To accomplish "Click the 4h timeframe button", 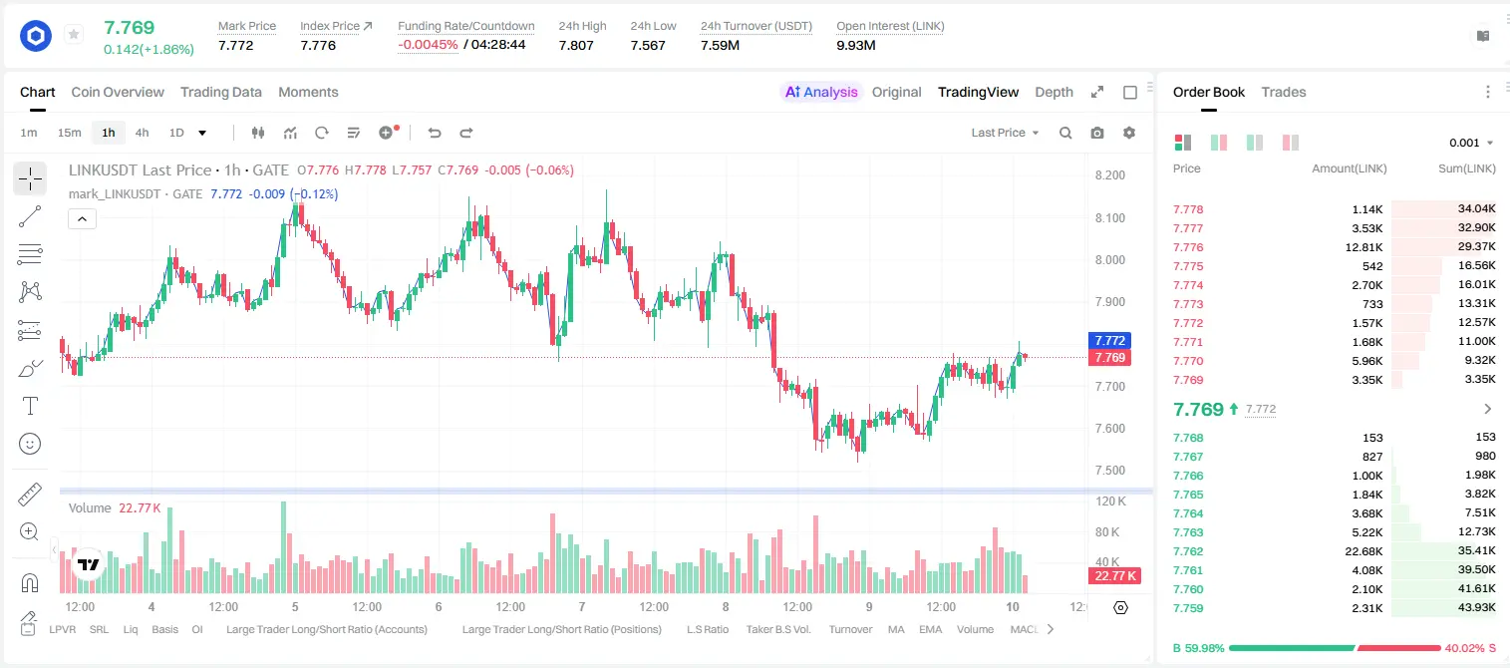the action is coord(142,133).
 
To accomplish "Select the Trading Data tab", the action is coord(220,92).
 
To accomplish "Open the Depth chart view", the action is coord(1054,92).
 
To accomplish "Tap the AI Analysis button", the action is coord(821,92).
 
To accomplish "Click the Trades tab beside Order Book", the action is coord(1283,92).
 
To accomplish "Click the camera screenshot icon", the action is coord(1096,133).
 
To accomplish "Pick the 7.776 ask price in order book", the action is coord(1188,247).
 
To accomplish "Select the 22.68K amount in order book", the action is coord(1363,551).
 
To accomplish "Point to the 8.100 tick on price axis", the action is coord(1110,218).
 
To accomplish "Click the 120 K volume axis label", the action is coord(1111,501).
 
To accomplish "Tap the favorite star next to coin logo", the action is coord(74,34).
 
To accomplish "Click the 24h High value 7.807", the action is coord(576,45).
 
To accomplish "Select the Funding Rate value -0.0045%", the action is coord(428,45).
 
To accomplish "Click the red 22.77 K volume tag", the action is coord(1115,575).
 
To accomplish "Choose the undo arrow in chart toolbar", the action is coord(435,133).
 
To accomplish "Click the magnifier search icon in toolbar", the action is coord(1065,133).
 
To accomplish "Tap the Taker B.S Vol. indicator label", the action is coord(777,629).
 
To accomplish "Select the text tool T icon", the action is coord(30,407).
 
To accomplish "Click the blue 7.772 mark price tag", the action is coord(1109,340).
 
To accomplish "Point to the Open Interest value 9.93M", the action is coord(855,45).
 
